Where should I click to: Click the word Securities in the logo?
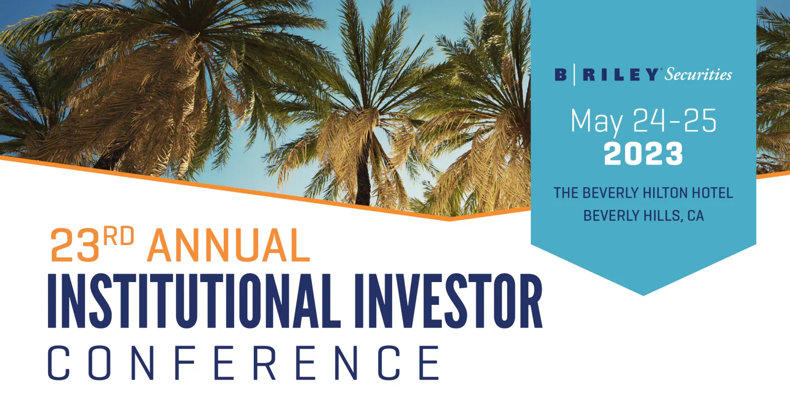[698, 75]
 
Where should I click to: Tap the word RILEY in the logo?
[620, 75]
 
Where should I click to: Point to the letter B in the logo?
[561, 75]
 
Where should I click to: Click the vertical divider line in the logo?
[574, 75]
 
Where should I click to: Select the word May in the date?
[596, 122]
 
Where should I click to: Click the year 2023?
[643, 154]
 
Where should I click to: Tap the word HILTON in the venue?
[661, 193]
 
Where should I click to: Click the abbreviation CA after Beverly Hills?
[696, 216]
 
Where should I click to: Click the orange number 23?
[75, 245]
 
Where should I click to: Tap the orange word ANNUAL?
[228, 245]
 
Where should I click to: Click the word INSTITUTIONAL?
[194, 301]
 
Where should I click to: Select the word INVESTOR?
[448, 301]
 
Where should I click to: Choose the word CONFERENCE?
[244, 363]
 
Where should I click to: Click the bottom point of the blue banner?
[643, 295]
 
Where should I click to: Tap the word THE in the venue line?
[566, 193]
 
